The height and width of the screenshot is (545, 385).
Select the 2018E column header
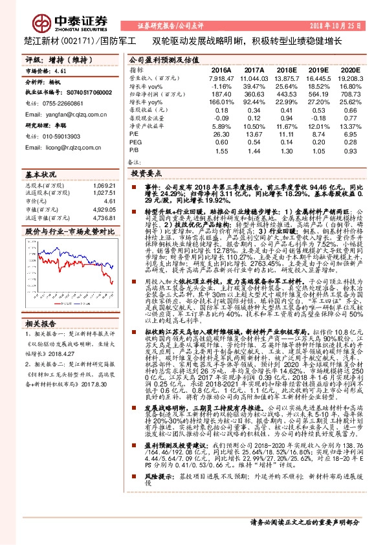pos(285,70)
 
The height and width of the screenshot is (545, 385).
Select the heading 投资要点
pos(147,175)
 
